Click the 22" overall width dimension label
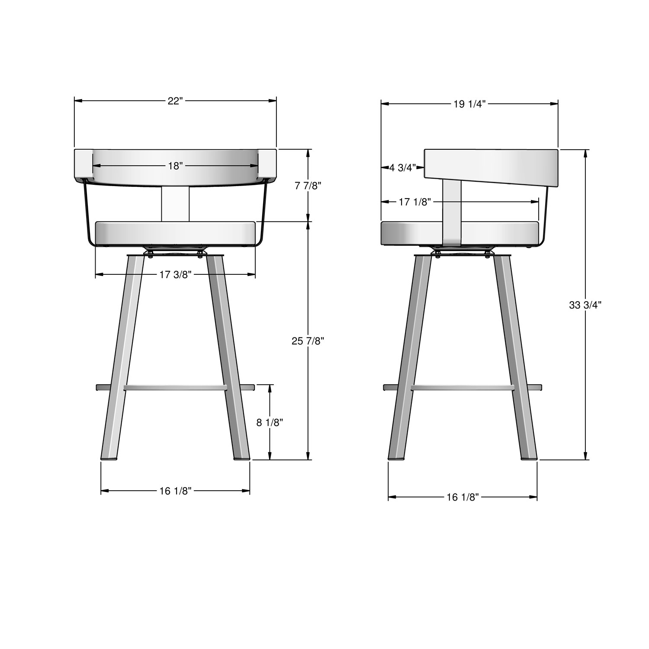(175, 101)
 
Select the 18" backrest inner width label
(175, 166)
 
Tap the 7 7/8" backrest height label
(308, 186)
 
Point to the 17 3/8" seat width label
(175, 274)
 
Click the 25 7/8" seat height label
(308, 341)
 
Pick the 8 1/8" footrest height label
(270, 422)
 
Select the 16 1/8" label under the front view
(175, 490)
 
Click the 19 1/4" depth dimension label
(469, 104)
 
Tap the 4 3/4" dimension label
(402, 167)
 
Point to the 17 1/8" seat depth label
(415, 202)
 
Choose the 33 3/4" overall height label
(585, 305)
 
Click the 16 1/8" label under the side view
(463, 498)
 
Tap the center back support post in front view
(175, 203)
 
